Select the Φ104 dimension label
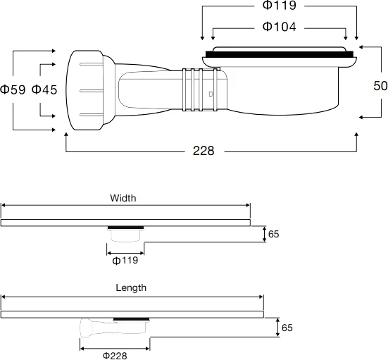tap(279, 27)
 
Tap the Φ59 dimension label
tap(13, 90)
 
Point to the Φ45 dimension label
tap(44, 90)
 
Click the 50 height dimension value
tap(380, 85)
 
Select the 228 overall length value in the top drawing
tap(204, 151)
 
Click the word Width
tap(123, 198)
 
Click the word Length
tap(131, 287)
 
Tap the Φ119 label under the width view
tap(125, 260)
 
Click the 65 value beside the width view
tap(274, 234)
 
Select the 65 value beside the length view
tap(287, 328)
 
